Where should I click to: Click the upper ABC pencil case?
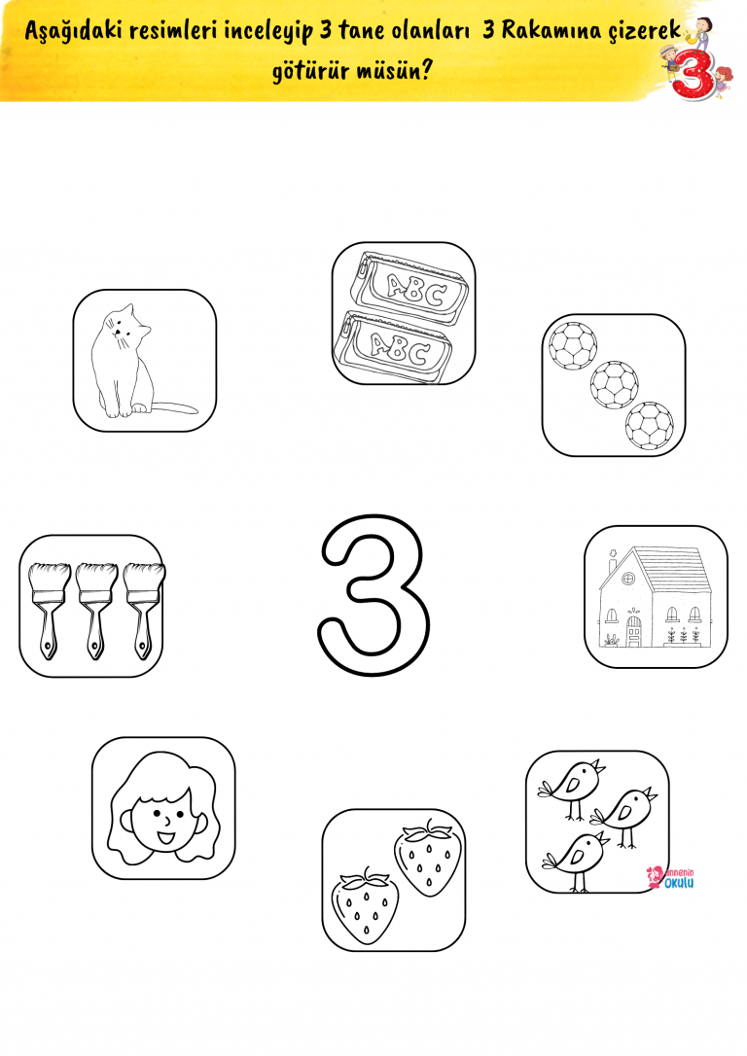(x=410, y=288)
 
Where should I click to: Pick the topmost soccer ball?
(x=573, y=344)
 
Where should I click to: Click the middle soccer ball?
(x=615, y=384)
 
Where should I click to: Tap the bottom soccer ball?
(x=650, y=425)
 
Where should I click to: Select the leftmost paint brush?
(x=50, y=610)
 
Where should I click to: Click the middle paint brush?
(x=96, y=610)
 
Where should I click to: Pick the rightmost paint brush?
(x=144, y=610)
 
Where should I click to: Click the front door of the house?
(x=634, y=632)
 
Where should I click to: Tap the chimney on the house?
(x=612, y=561)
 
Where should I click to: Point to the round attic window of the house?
(x=627, y=579)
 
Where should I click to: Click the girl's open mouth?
(x=165, y=838)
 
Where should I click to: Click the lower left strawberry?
(x=365, y=906)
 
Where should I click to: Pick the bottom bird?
(x=577, y=860)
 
